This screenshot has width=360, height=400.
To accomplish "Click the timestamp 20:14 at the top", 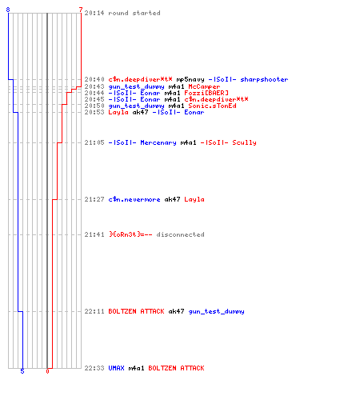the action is tap(94, 13).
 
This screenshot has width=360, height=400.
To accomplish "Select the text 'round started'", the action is tap(134, 13).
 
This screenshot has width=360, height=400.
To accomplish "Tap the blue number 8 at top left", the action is tap(8, 10).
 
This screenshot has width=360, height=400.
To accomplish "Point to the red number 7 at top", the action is tap(81, 10).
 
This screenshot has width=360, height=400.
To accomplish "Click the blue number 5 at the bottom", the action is tap(22, 371).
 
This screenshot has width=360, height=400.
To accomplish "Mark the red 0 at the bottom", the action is tap(47, 371).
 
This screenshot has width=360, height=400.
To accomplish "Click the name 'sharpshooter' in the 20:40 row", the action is tap(264, 79).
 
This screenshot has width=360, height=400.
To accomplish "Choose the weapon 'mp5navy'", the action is tap(190, 79).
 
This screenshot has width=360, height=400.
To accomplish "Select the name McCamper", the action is tap(204, 86).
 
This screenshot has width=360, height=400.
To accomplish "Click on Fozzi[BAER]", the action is tap(206, 93).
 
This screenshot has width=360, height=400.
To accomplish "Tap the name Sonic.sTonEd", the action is tap(212, 106).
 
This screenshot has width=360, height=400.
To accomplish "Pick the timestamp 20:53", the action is tap(94, 112).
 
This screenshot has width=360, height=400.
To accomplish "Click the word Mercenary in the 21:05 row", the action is tap(158, 142).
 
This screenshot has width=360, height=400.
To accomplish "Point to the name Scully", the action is tap(244, 142).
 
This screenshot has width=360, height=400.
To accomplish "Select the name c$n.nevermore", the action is tap(134, 199).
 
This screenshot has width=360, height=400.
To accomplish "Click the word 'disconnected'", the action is tap(180, 234).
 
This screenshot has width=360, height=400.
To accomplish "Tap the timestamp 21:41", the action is tap(94, 234).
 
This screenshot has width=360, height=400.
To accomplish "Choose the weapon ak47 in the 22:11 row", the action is tap(176, 311).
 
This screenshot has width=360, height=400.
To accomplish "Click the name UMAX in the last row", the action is tap(116, 368).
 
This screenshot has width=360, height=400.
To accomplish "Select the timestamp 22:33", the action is tap(94, 368).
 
